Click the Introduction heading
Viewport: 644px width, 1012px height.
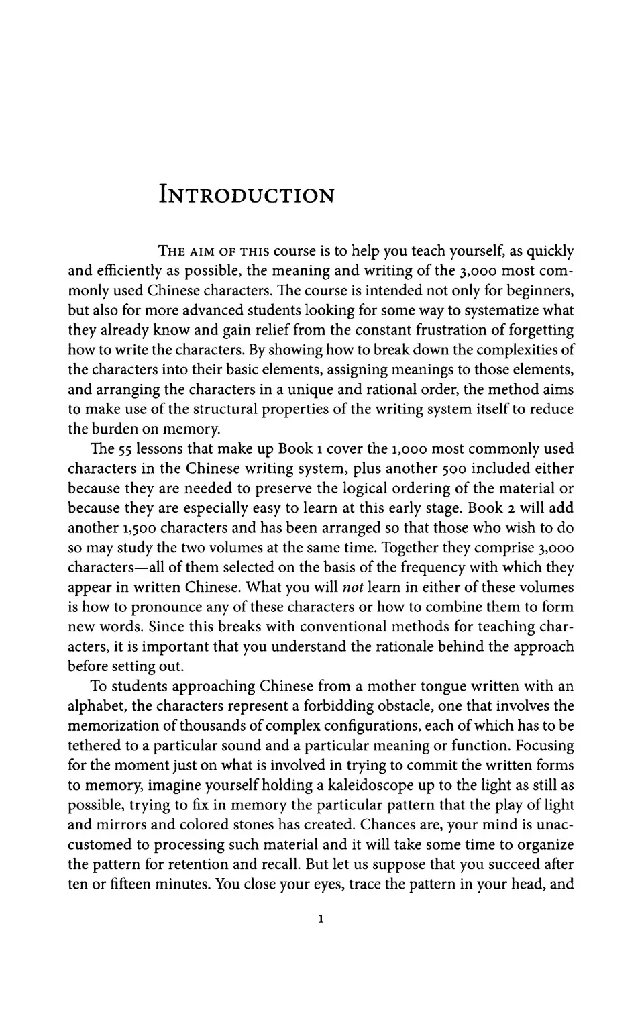(x=246, y=195)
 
